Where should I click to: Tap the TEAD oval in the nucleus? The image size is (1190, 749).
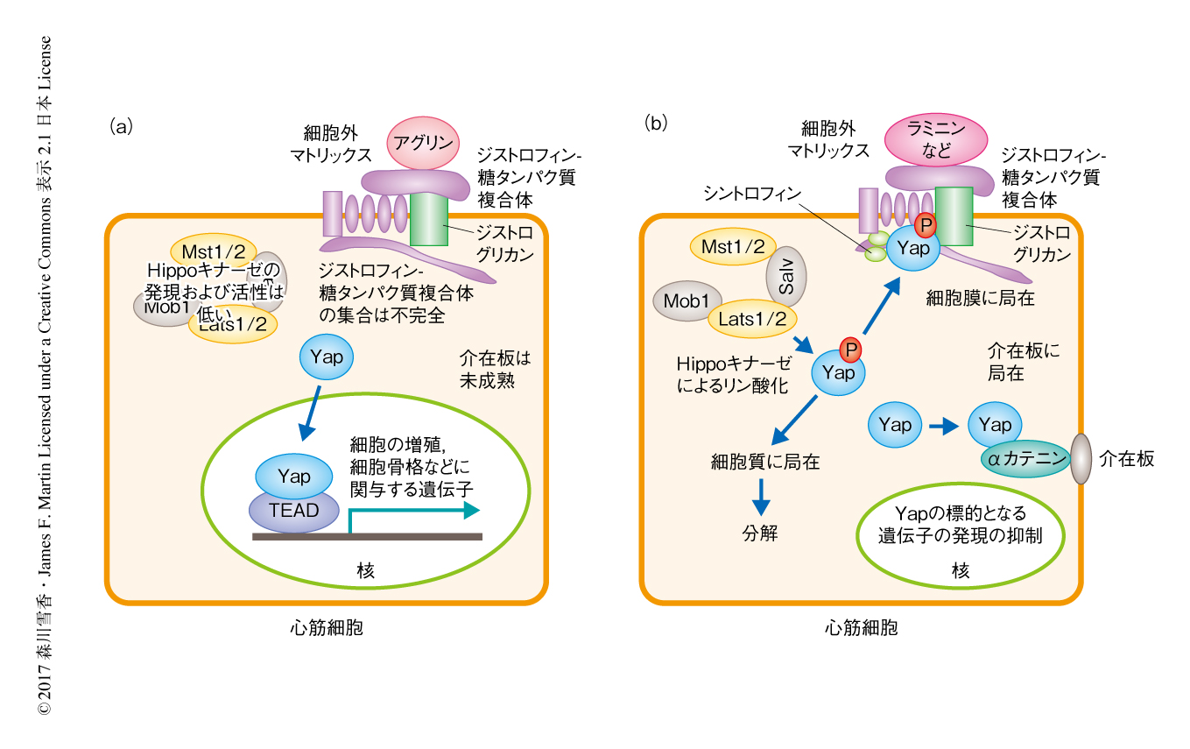[295, 510]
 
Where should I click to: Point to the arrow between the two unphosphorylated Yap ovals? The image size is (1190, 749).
[942, 427]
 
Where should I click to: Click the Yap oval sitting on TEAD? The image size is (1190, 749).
[294, 476]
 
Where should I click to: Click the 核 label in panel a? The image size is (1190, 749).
[365, 570]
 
